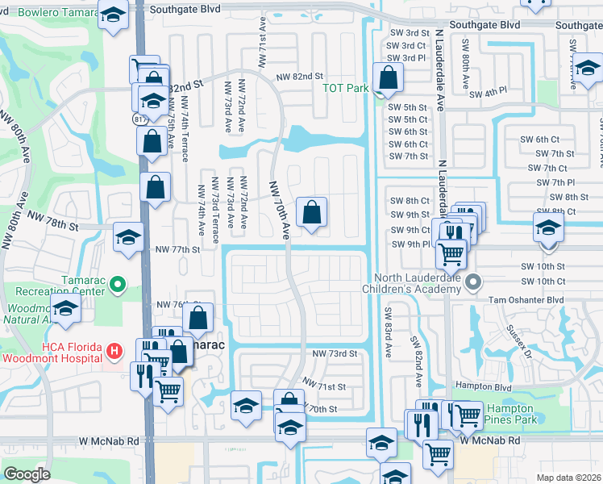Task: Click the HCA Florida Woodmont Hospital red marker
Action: [114, 351]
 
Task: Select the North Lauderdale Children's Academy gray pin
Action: [473, 283]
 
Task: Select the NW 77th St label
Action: [177, 250]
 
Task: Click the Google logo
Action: [27, 474]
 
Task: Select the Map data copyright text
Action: [569, 478]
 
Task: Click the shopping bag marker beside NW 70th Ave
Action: [312, 213]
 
